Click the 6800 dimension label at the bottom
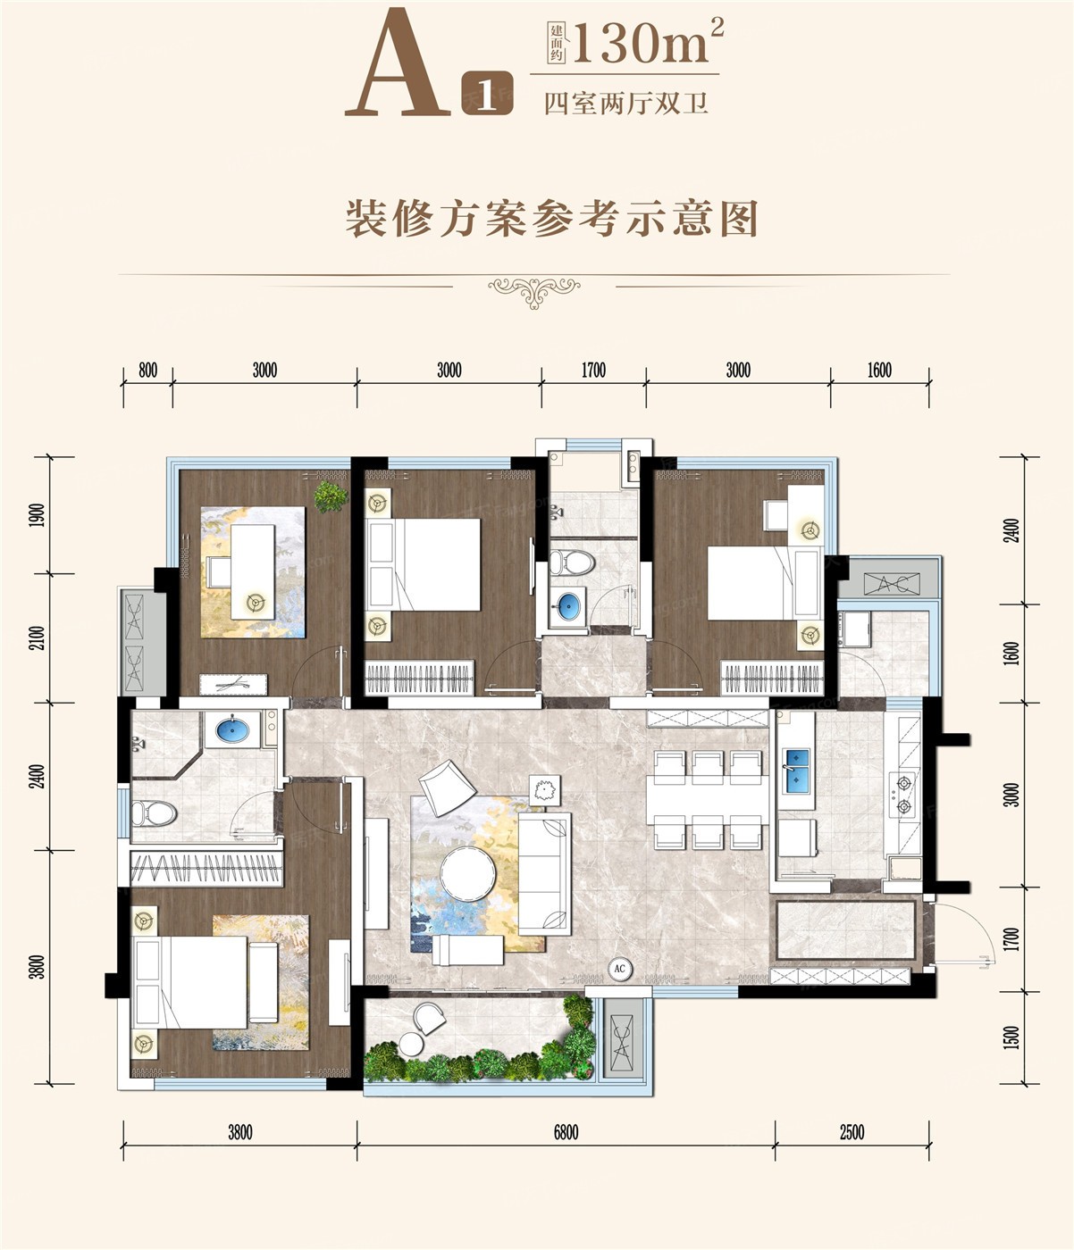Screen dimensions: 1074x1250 click(566, 1132)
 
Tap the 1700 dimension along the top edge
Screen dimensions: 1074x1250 click(593, 371)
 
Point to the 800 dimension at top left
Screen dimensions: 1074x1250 click(147, 371)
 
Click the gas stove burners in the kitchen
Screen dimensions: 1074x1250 click(904, 795)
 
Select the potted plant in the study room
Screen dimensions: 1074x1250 click(331, 496)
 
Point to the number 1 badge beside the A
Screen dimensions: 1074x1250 click(486, 94)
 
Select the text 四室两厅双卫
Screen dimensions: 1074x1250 click(625, 104)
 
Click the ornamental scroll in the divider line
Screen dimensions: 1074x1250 click(534, 292)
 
